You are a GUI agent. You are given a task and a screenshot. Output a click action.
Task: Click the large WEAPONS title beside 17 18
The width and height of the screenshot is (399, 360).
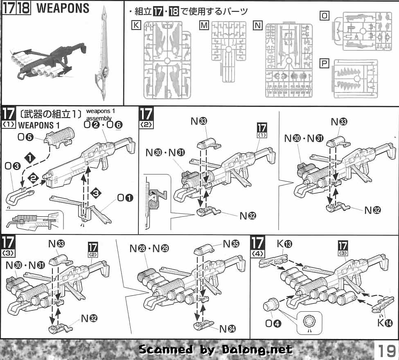(63, 8)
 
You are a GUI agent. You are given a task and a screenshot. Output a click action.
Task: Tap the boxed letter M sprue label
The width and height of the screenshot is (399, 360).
(204, 25)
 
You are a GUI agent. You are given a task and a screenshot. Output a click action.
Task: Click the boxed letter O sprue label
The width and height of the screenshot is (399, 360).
(325, 16)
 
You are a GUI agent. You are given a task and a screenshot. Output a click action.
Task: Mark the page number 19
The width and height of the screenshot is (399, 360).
(386, 351)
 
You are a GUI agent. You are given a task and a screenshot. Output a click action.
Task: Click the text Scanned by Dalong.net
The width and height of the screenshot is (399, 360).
(216, 349)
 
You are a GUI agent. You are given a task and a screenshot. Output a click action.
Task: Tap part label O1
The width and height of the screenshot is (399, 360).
(126, 198)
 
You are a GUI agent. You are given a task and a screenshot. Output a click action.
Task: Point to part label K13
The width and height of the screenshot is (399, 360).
(284, 245)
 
